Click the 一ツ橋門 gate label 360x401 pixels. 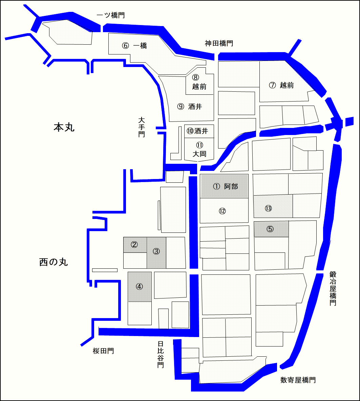pyautogui.click(x=110, y=16)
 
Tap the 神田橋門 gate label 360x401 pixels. pyautogui.click(x=219, y=43)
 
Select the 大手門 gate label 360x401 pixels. pyautogui.click(x=142, y=127)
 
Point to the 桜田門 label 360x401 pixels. pyautogui.click(x=103, y=351)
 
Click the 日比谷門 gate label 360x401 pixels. pyautogui.click(x=161, y=354)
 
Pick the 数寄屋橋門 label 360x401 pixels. pyautogui.click(x=298, y=380)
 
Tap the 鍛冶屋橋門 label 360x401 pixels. pyautogui.click(x=333, y=288)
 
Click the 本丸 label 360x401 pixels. pyautogui.click(x=64, y=127)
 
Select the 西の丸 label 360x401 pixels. pyautogui.click(x=54, y=262)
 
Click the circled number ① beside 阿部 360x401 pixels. pyautogui.click(x=217, y=186)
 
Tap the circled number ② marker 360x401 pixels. pyautogui.click(x=134, y=245)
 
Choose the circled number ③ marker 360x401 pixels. pyautogui.click(x=156, y=251)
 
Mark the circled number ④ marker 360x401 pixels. pyautogui.click(x=139, y=287)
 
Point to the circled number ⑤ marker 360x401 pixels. pyautogui.click(x=270, y=229)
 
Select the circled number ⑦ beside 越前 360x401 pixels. pyautogui.click(x=273, y=85)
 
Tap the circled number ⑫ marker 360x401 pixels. pyautogui.click(x=222, y=211)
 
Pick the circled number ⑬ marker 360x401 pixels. pyautogui.click(x=269, y=208)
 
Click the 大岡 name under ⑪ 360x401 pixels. pyautogui.click(x=199, y=154)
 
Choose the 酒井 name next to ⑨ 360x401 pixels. pyautogui.click(x=195, y=107)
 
